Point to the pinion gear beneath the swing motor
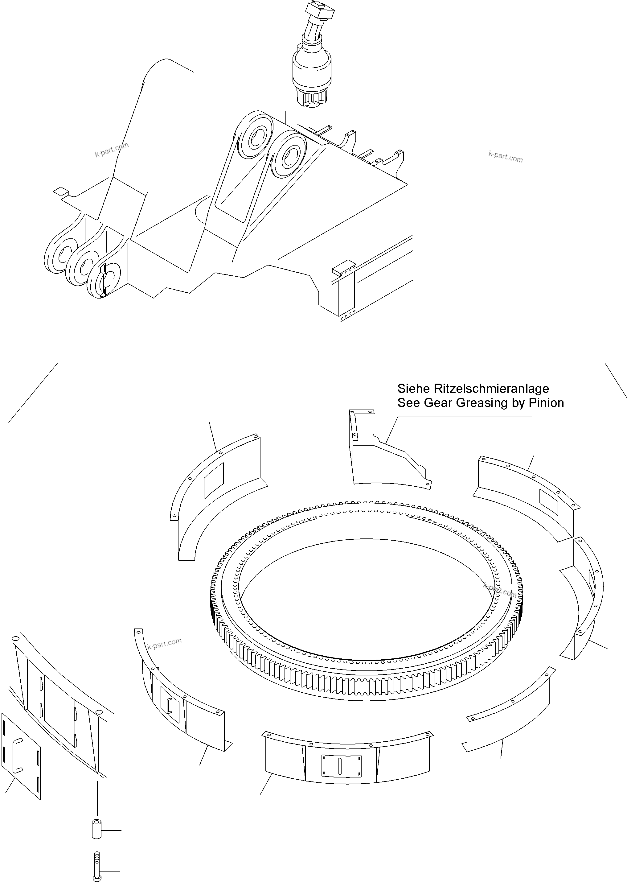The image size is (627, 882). pyautogui.click(x=312, y=98)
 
